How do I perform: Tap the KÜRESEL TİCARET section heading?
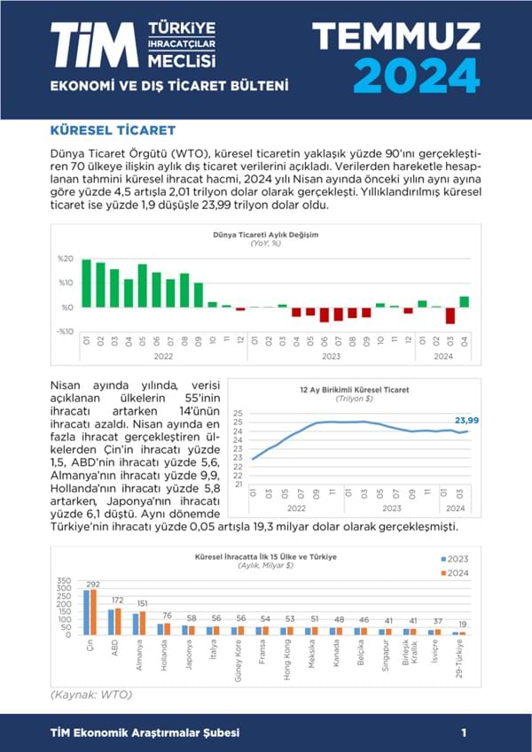(x=112, y=130)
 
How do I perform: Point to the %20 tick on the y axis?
(x=65, y=259)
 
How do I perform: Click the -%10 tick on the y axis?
(x=65, y=331)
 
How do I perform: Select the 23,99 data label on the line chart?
(x=467, y=420)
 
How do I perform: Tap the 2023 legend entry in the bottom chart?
(x=455, y=559)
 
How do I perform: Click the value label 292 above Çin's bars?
(x=93, y=585)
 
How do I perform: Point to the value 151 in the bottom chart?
(x=141, y=603)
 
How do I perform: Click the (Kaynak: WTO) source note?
(x=90, y=694)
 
